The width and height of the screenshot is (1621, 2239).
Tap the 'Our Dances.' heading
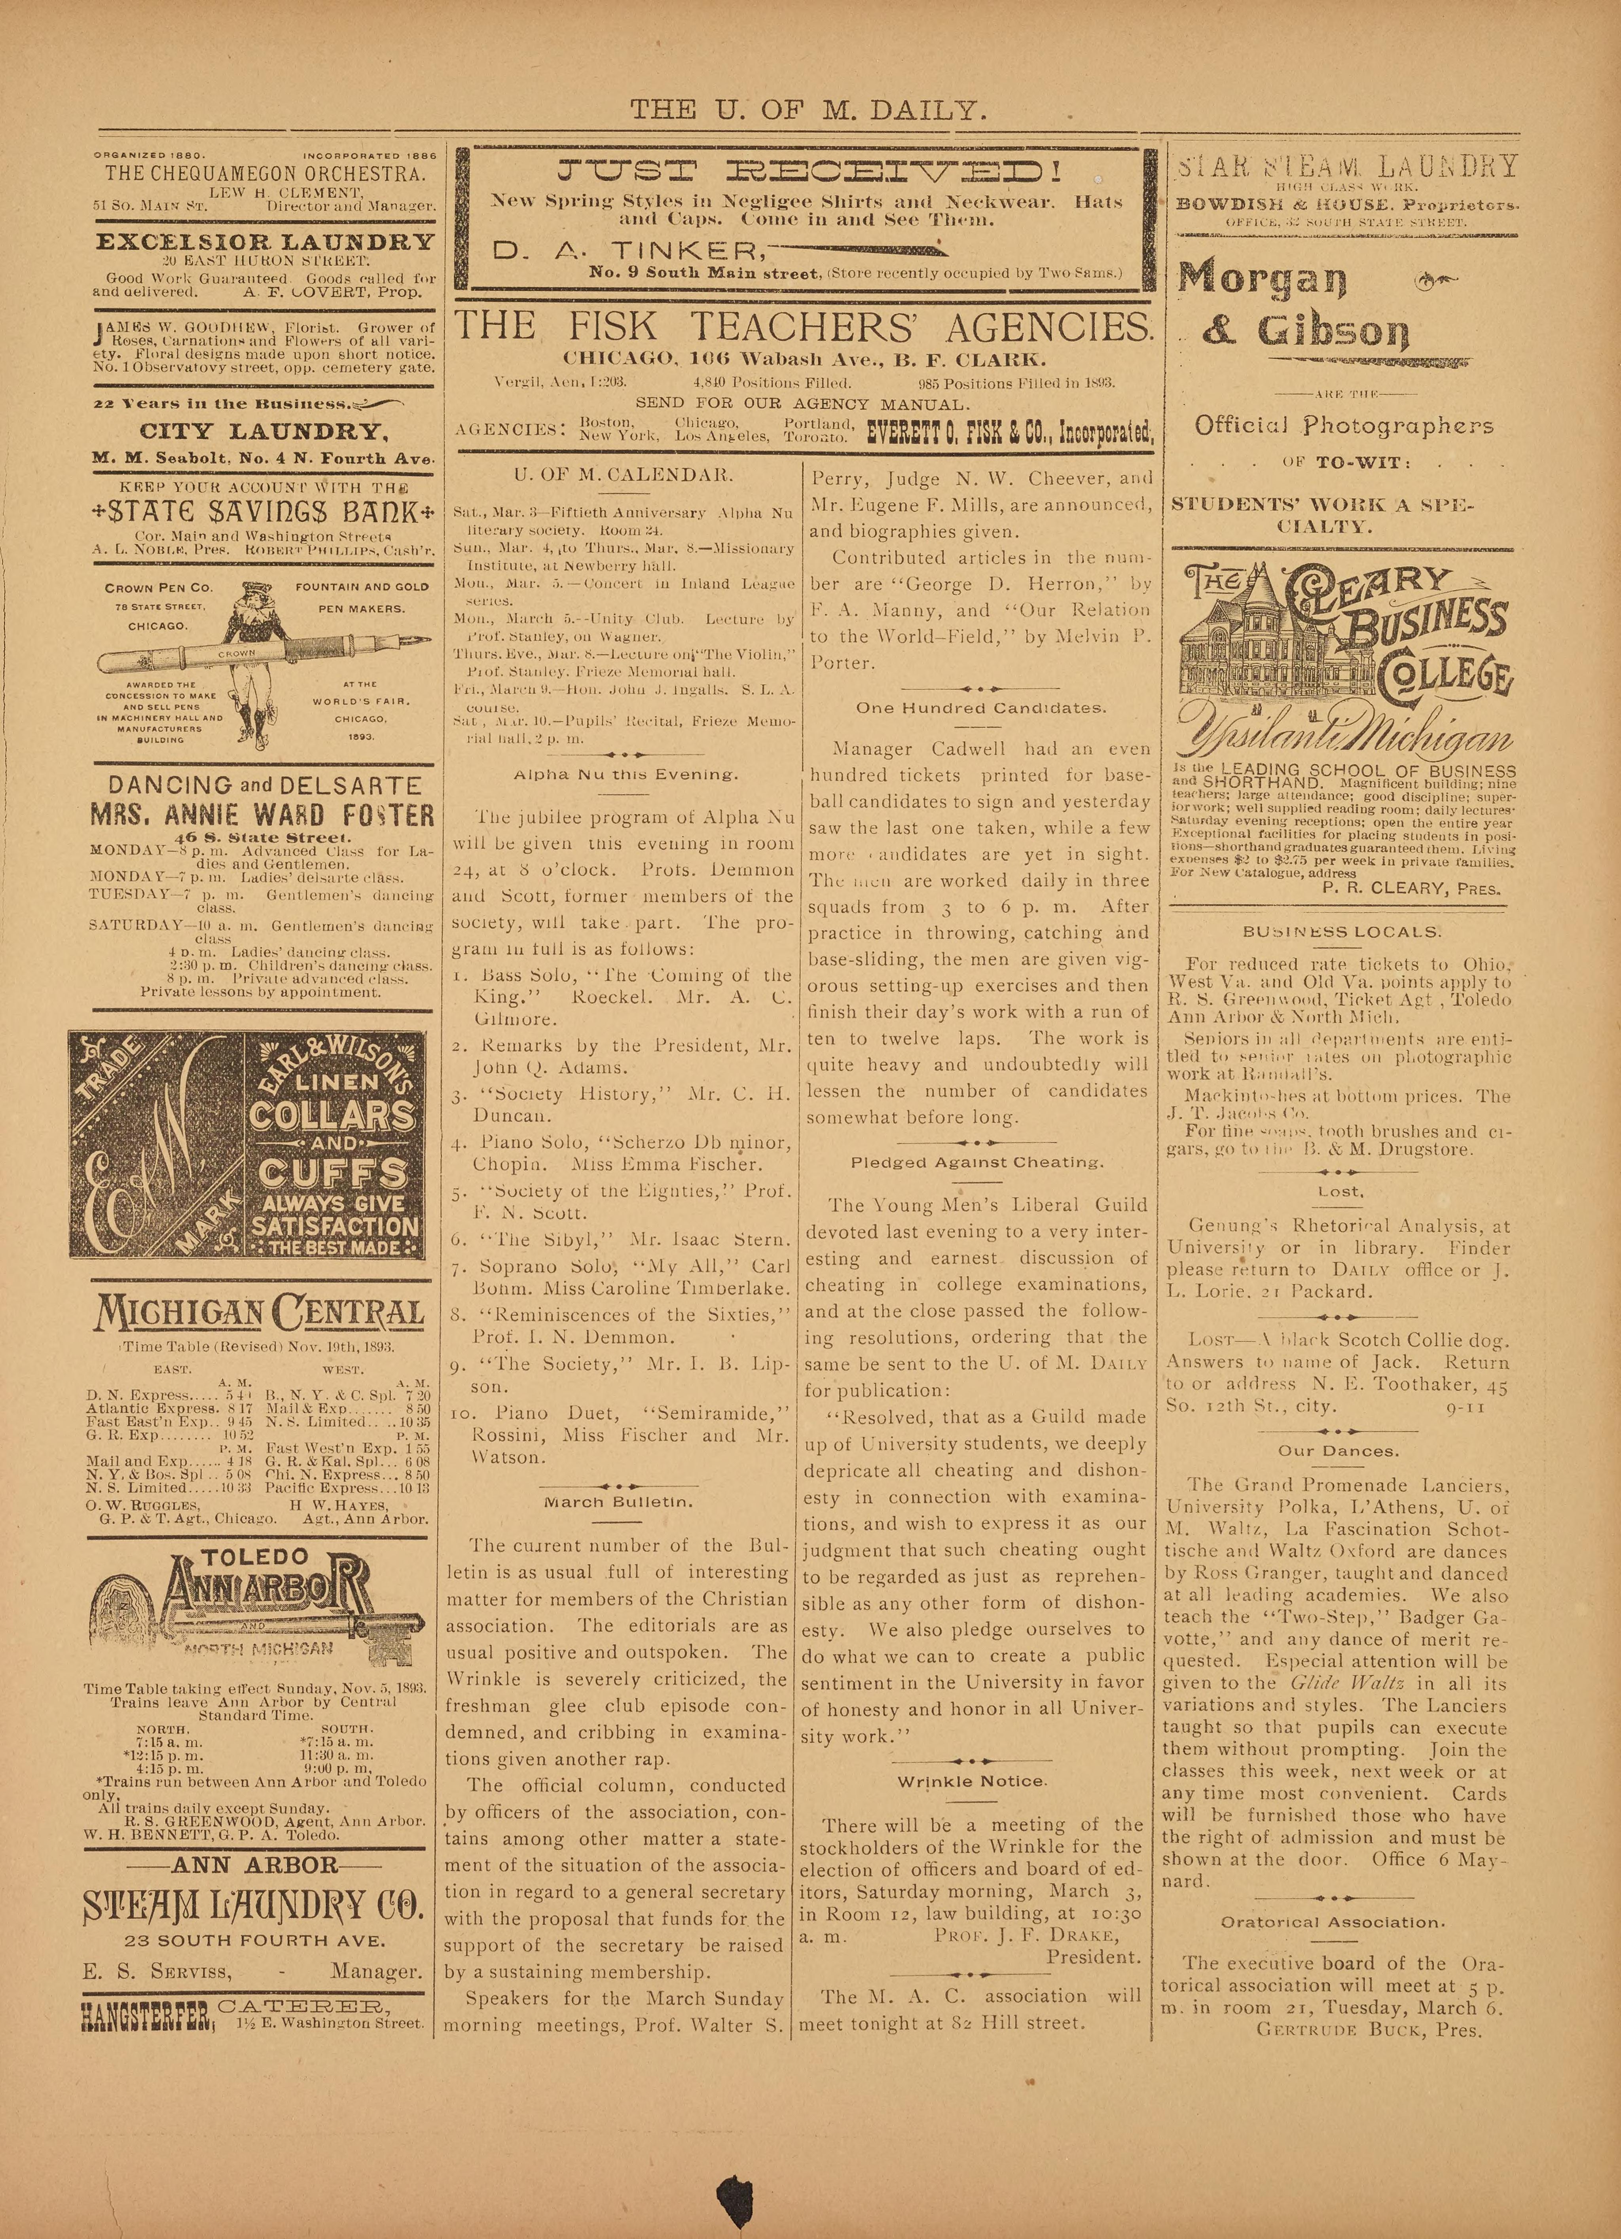(x=1338, y=1451)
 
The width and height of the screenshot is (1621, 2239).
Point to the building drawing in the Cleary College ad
(x=1244, y=642)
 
